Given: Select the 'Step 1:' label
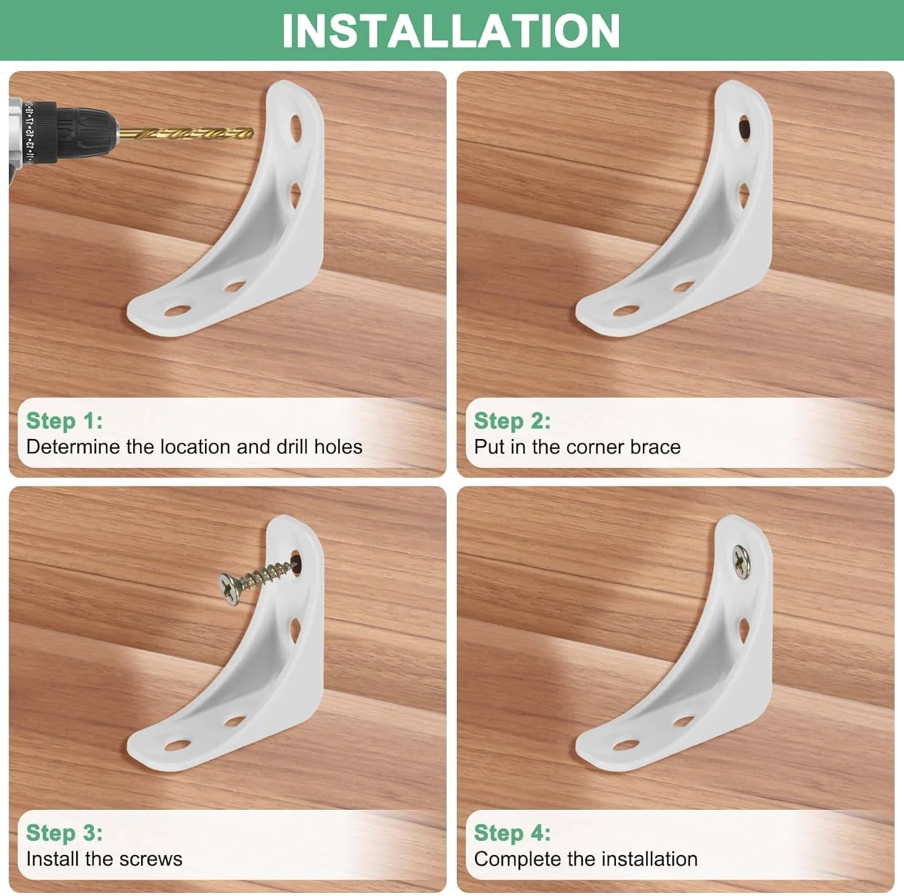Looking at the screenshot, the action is pyautogui.click(x=64, y=421).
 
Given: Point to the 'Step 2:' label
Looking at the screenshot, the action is pyautogui.click(x=512, y=421).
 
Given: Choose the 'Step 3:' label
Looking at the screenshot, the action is pyautogui.click(x=64, y=833).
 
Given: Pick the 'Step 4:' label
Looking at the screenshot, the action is pyautogui.click(x=512, y=833).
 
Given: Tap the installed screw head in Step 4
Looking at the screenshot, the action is pyautogui.click(x=741, y=562).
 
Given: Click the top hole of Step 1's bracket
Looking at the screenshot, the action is pyautogui.click(x=296, y=128).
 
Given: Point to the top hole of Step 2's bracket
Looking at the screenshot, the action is pyautogui.click(x=744, y=128).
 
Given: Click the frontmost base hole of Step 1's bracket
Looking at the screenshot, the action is pyautogui.click(x=177, y=311).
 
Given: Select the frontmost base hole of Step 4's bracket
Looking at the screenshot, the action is pyautogui.click(x=626, y=746).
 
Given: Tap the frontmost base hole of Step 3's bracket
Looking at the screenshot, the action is pyautogui.click(x=177, y=746).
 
